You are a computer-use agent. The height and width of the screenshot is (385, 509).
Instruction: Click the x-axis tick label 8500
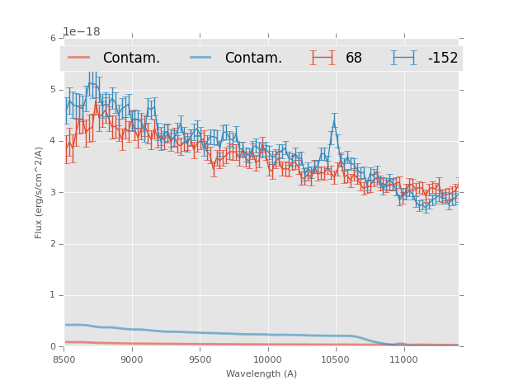[64, 360]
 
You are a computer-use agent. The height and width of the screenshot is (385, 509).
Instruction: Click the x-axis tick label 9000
[132, 360]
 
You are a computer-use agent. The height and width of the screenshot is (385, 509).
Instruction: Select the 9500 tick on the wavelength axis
[200, 360]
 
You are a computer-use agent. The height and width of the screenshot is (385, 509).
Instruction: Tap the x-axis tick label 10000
[267, 360]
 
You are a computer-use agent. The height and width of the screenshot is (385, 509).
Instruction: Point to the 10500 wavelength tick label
[335, 360]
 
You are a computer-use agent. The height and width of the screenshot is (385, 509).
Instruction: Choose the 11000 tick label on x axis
[403, 360]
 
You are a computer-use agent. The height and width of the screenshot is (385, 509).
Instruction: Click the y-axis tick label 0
[53, 347]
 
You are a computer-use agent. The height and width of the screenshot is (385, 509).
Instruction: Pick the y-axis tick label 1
[53, 295]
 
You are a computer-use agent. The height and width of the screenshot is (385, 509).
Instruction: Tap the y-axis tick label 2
[53, 244]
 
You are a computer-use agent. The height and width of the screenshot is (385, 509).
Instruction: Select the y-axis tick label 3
[53, 192]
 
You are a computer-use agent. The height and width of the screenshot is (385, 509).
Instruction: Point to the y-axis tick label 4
[53, 141]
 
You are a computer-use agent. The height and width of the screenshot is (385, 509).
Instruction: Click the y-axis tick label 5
[53, 89]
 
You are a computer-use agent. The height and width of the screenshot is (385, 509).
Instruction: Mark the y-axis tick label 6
[53, 38]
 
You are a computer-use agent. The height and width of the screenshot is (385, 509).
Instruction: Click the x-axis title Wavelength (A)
[262, 374]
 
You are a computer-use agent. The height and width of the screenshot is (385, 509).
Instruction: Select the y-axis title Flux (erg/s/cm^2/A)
[39, 192]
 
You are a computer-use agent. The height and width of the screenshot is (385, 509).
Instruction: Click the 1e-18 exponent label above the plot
[81, 31]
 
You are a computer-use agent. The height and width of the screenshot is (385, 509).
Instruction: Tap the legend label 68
[354, 59]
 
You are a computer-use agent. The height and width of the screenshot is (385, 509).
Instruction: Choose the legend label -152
[442, 59]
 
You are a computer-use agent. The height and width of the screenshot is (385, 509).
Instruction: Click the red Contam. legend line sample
[79, 58]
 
